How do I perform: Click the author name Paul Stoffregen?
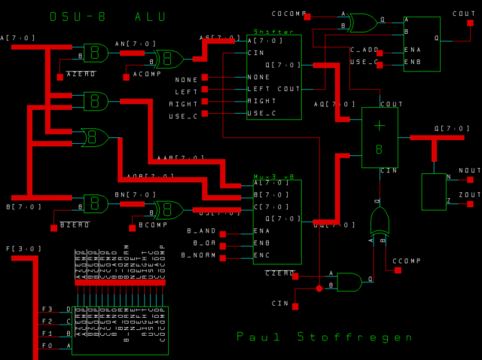[325, 337]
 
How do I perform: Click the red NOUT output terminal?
[470, 180]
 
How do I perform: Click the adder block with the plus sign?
[380, 137]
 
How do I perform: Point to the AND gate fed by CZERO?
[349, 282]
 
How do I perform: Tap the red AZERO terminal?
[60, 77]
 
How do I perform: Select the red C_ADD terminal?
[380, 53]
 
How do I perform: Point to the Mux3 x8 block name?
[273, 176]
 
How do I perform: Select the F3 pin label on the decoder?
[47, 309]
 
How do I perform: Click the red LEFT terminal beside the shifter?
[204, 90]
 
